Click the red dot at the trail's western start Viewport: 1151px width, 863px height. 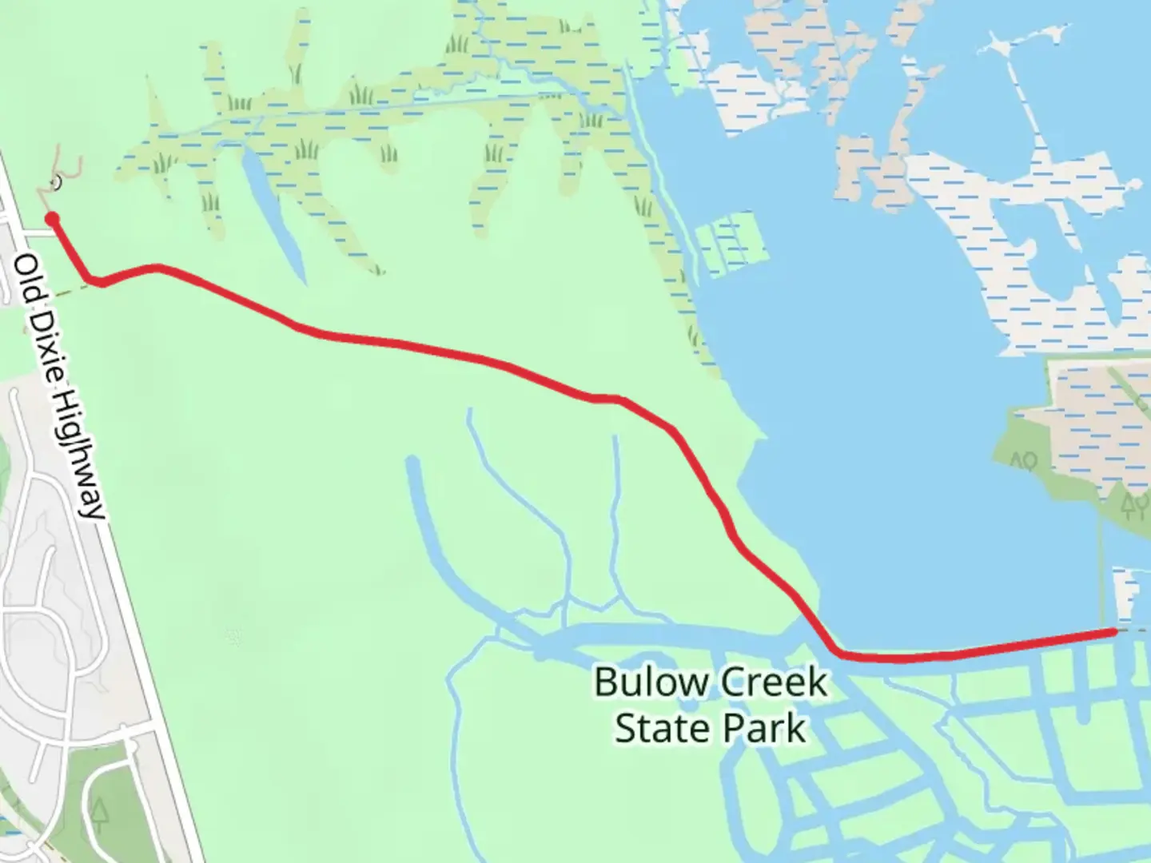(53, 218)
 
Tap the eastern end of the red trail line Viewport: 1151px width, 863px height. (1112, 632)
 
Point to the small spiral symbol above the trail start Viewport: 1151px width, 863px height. (56, 185)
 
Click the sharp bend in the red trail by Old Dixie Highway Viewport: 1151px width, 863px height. (97, 280)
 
